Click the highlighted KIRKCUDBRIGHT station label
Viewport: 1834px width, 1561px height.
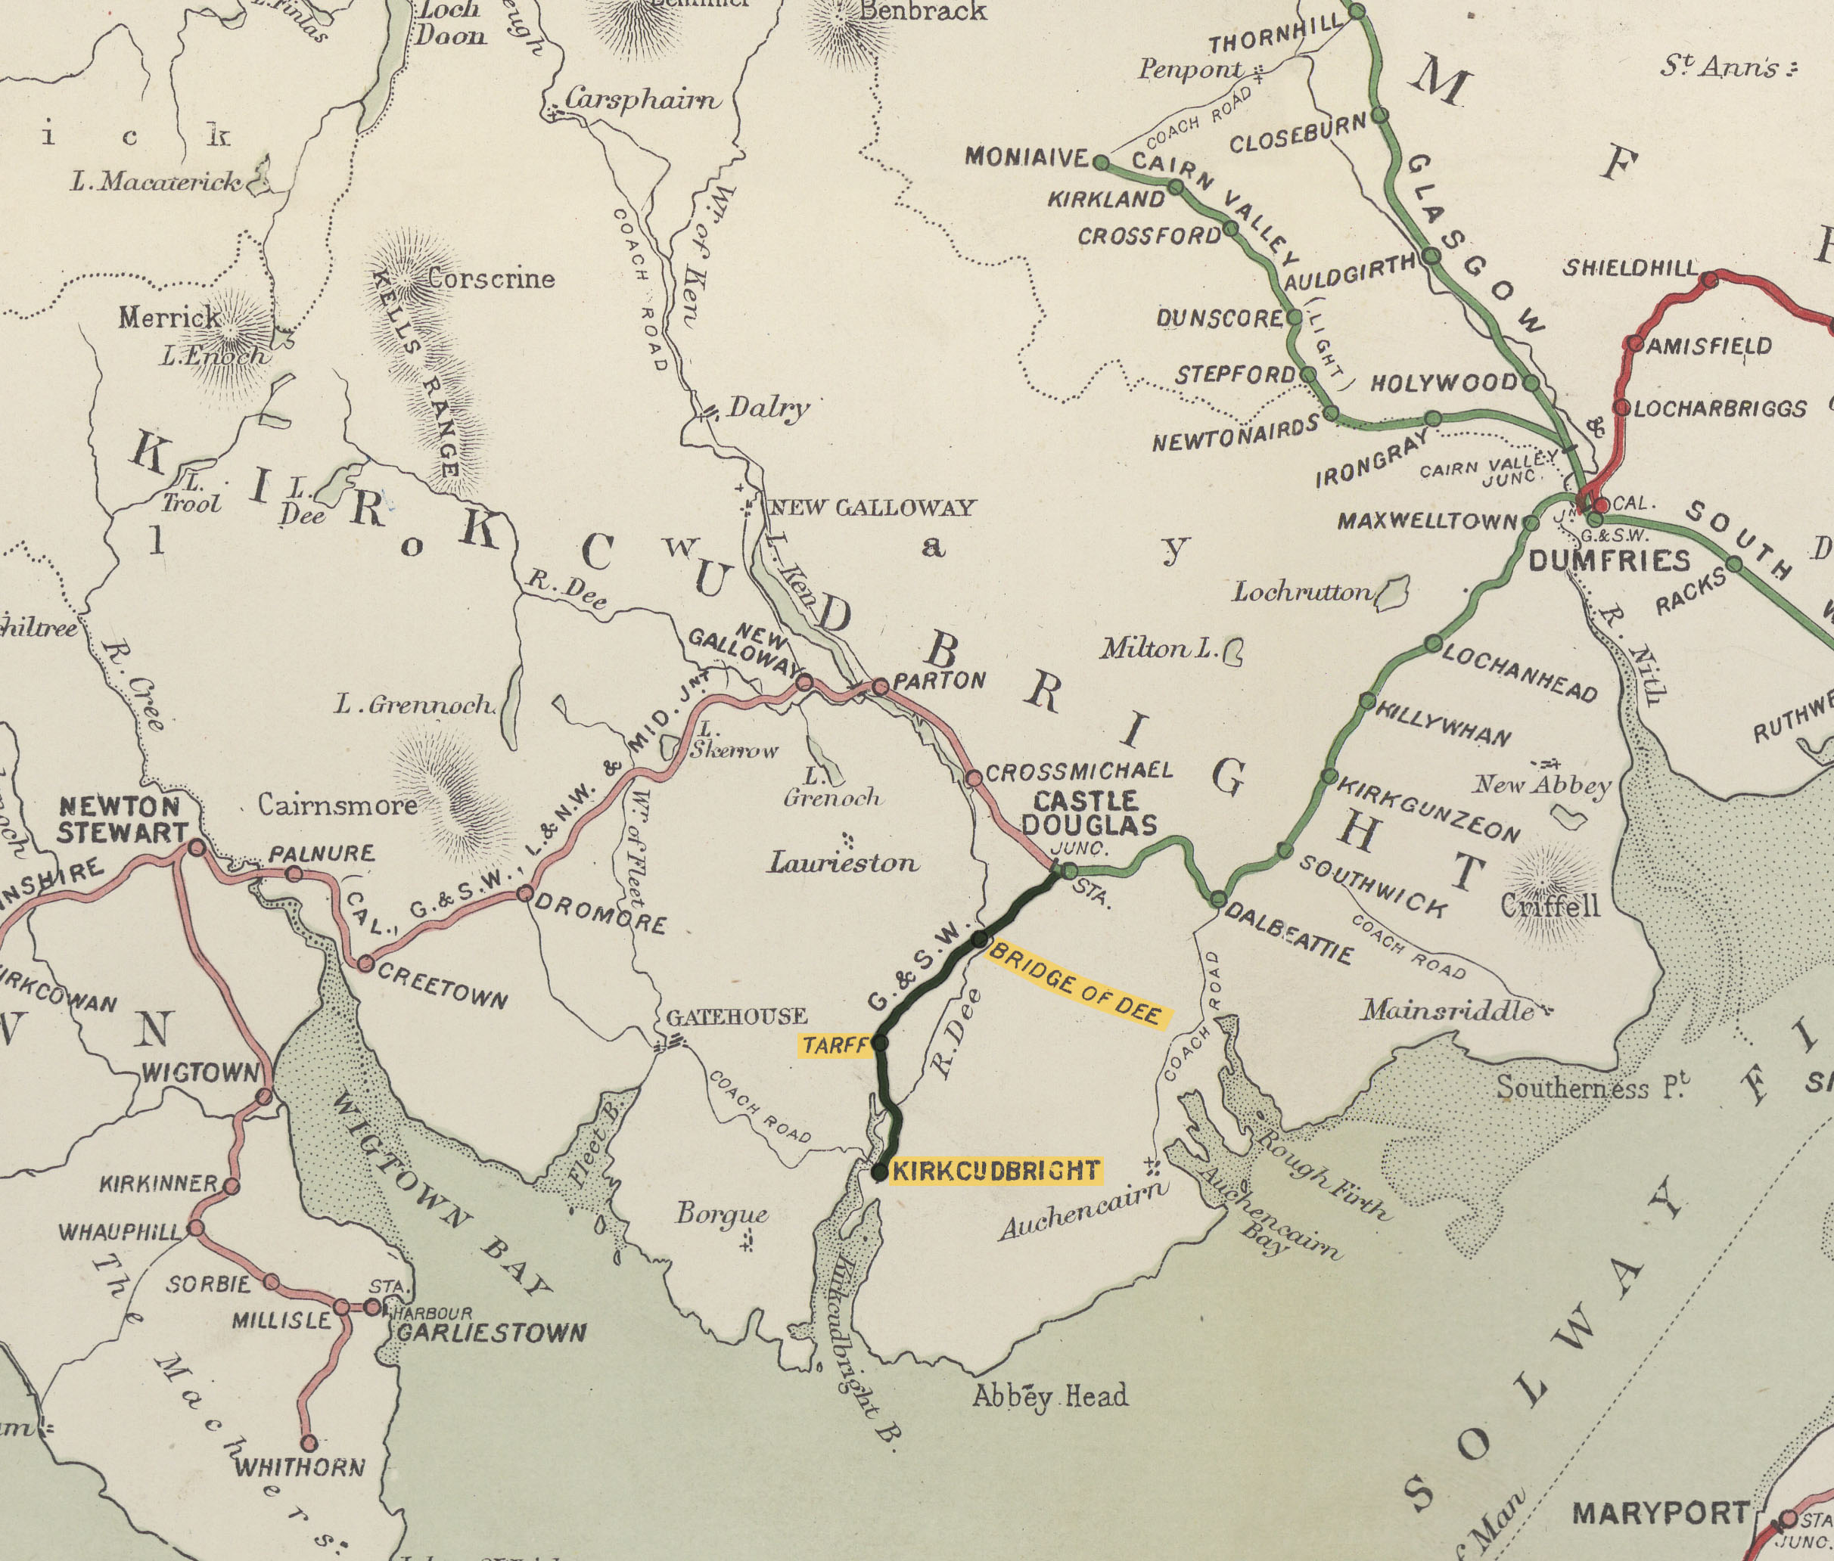click(996, 1171)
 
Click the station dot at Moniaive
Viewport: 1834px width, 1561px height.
click(1100, 163)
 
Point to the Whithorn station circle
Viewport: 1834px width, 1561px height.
click(309, 1443)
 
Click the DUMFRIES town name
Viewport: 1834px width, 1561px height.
click(1609, 560)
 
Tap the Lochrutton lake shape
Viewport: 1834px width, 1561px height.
click(1393, 592)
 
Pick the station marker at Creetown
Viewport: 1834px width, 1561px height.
click(365, 964)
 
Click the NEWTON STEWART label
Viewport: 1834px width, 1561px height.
click(122, 819)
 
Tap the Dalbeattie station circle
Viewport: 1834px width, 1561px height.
click(1218, 899)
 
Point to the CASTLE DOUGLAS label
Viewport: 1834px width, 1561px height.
click(1089, 813)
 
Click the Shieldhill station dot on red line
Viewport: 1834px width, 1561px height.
click(1710, 280)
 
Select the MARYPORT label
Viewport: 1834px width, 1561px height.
click(1661, 1489)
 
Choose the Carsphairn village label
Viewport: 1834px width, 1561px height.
click(642, 99)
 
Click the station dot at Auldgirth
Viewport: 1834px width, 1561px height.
click(1431, 256)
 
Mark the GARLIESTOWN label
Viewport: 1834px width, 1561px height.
click(490, 1333)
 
